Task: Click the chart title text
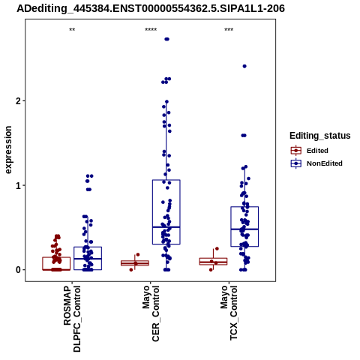tap(151, 9)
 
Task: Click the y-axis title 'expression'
tap(8, 150)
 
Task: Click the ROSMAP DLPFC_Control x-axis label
tap(72, 319)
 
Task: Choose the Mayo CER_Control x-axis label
tap(151, 313)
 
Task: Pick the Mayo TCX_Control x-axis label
tap(229, 313)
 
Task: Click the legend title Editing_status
tap(320, 136)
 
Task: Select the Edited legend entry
tap(310, 151)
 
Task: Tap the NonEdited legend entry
tap(316, 163)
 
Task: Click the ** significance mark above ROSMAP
tap(72, 30)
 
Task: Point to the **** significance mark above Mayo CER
tap(151, 30)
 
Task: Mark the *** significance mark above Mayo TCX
tap(229, 30)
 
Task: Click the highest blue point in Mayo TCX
tap(244, 66)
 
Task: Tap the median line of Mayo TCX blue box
tap(244, 229)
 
